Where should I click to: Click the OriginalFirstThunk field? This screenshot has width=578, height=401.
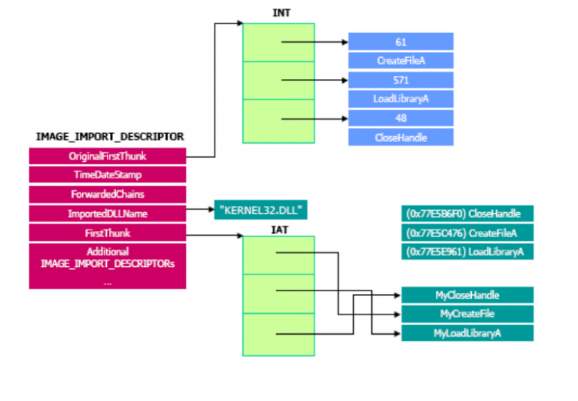pos(108,156)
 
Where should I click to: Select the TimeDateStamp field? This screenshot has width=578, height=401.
pos(108,175)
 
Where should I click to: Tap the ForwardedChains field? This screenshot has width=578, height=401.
pos(108,195)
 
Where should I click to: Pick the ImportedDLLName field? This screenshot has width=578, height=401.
pos(108,214)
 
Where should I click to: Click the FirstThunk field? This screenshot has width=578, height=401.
pos(108,233)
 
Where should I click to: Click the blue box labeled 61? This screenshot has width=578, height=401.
pos(400,41)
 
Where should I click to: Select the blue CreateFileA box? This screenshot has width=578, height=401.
pos(400,60)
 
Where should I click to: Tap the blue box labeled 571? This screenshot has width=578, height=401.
pos(400,80)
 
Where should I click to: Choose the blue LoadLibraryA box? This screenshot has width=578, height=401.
pos(400,99)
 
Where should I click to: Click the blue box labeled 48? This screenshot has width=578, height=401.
pos(400,118)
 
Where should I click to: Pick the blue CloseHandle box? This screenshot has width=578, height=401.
pos(400,137)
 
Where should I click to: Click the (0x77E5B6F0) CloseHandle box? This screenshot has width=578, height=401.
pos(467,213)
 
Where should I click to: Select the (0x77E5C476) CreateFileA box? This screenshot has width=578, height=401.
pos(467,232)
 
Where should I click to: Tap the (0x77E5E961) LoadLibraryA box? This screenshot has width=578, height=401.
pos(467,251)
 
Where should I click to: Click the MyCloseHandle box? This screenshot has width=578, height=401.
pos(467,295)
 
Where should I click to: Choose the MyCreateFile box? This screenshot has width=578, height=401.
pos(467,314)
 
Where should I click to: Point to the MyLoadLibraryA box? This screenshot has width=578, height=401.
pos(467,333)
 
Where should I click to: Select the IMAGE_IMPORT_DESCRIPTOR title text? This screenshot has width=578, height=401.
pos(110,137)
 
